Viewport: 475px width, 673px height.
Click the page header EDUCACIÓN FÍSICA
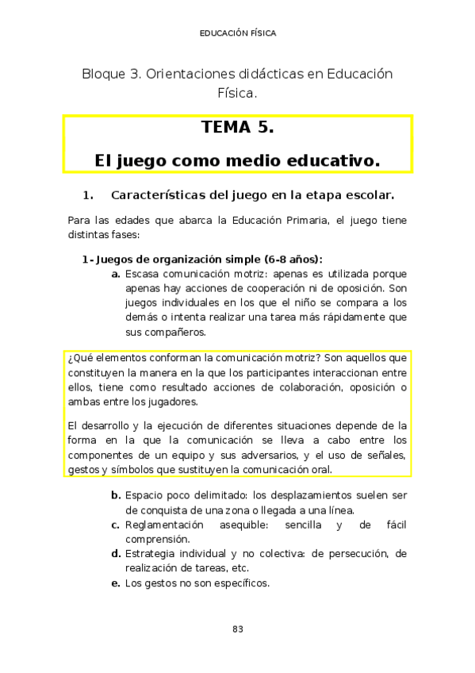click(x=237, y=33)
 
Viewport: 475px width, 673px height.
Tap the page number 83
click(x=237, y=629)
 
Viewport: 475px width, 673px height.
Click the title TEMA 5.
click(x=237, y=128)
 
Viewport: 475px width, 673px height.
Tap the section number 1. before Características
click(x=88, y=194)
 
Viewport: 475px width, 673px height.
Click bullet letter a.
click(x=116, y=274)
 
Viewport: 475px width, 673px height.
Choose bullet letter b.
click(x=116, y=495)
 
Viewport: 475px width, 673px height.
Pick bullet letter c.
click(x=116, y=525)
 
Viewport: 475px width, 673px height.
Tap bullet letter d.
click(x=116, y=553)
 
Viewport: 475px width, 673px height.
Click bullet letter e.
click(x=116, y=583)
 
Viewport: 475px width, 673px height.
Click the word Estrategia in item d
click(x=151, y=553)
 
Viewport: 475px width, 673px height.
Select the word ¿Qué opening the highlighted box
click(x=80, y=359)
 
